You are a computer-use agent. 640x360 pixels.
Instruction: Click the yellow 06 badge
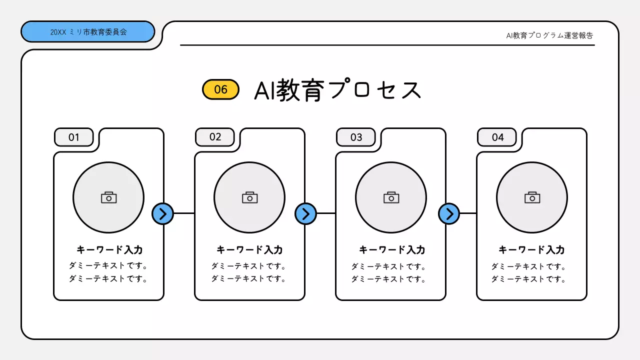(x=220, y=89)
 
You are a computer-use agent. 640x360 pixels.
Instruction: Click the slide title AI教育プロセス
(x=338, y=90)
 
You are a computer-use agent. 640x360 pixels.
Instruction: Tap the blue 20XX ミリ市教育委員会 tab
(x=88, y=32)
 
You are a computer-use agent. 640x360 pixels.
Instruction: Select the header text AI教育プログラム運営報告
(x=549, y=35)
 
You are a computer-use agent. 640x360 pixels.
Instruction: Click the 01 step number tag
(x=74, y=137)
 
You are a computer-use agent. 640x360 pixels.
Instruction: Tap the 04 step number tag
(x=497, y=137)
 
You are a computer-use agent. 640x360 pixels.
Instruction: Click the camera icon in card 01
(x=108, y=197)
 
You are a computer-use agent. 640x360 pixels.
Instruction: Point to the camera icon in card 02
(x=249, y=197)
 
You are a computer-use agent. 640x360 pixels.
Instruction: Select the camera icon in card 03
(x=391, y=197)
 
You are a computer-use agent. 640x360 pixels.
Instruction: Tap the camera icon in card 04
(x=532, y=197)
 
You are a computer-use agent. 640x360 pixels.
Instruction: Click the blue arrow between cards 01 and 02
(x=162, y=214)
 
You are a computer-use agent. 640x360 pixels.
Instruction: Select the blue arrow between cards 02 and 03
(x=305, y=214)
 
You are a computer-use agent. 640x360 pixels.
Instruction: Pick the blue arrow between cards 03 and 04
(x=449, y=214)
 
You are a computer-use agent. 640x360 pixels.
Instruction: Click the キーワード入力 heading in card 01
(x=109, y=250)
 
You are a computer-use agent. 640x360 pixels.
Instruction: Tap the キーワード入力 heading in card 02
(x=249, y=250)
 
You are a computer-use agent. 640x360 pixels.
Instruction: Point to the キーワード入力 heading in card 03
(x=392, y=250)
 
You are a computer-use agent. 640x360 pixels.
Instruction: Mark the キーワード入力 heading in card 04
(x=531, y=250)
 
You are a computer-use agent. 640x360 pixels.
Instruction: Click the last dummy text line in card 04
(x=528, y=279)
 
